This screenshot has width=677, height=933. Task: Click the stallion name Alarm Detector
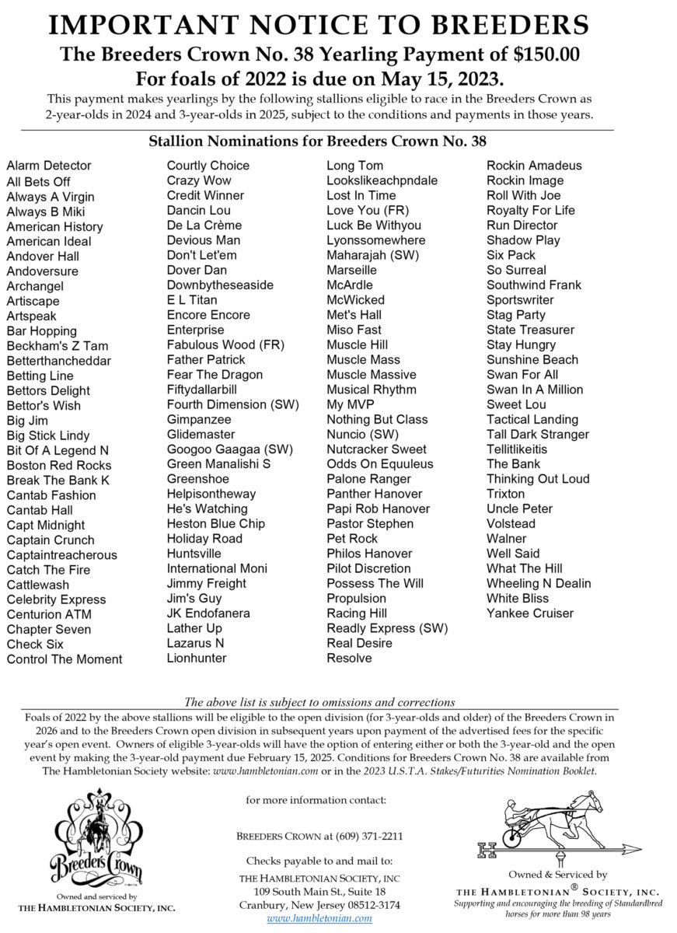coord(49,166)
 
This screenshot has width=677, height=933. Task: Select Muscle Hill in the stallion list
coord(357,344)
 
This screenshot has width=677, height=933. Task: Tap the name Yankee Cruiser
coord(530,613)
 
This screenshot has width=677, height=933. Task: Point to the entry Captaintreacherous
coord(62,555)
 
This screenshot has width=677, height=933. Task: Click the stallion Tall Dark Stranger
coord(538,435)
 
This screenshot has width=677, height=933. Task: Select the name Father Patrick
coord(206,360)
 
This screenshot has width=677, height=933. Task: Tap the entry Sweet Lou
coord(516,404)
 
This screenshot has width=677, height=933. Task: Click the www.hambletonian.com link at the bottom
coord(319,918)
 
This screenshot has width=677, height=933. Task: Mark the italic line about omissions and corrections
coord(319,701)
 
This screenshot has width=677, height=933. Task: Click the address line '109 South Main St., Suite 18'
coord(319,891)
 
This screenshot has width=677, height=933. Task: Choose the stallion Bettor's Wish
coord(44,405)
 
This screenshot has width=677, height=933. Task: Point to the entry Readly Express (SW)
coord(387,628)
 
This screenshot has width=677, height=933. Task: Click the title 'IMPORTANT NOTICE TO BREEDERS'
coord(318,25)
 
